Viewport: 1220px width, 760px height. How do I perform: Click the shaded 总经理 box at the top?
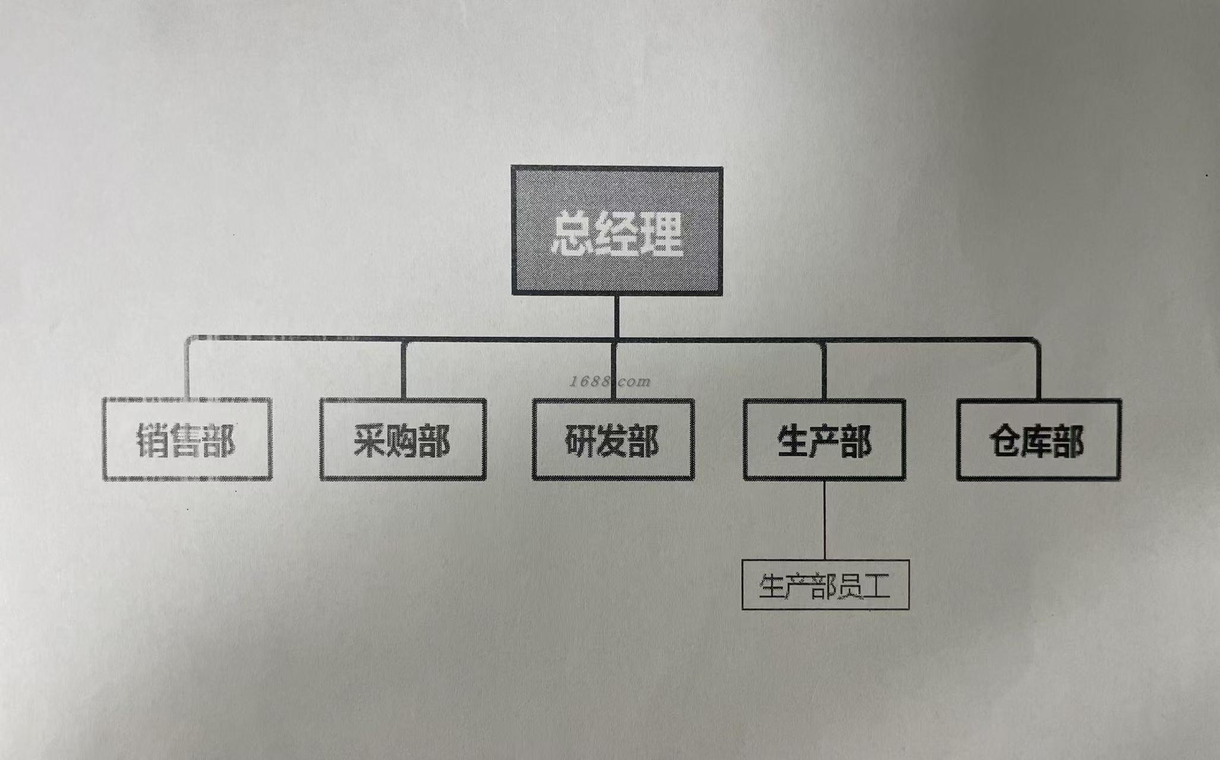click(x=617, y=231)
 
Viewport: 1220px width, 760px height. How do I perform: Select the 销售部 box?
click(x=187, y=440)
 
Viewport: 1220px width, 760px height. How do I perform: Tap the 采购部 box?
click(x=403, y=440)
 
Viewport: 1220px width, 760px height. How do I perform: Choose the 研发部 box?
click(x=613, y=440)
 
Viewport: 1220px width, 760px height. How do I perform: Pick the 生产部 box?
click(x=824, y=440)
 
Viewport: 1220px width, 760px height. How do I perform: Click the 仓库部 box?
click(x=1038, y=440)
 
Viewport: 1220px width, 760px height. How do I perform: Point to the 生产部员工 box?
click(x=825, y=585)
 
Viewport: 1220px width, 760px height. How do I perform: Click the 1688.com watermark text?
click(x=610, y=381)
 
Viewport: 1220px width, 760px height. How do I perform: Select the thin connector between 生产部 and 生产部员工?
click(x=825, y=520)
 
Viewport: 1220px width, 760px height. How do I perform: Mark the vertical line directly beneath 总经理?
click(x=617, y=316)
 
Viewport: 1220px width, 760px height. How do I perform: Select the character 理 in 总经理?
click(x=661, y=234)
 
